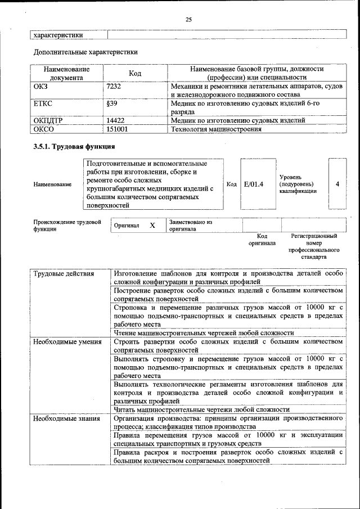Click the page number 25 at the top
[x=189, y=20]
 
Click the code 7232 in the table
[x=114, y=87]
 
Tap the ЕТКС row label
[x=43, y=103]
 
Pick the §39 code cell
[x=111, y=103]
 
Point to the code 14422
[x=115, y=120]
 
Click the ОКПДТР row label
[x=48, y=120]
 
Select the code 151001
[x=117, y=129]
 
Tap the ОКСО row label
[x=43, y=129]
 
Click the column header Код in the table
[x=135, y=73]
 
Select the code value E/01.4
[x=254, y=184]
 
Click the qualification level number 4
[x=337, y=184]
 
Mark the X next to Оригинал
[x=152, y=226]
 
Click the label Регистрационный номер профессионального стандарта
[x=314, y=246]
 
